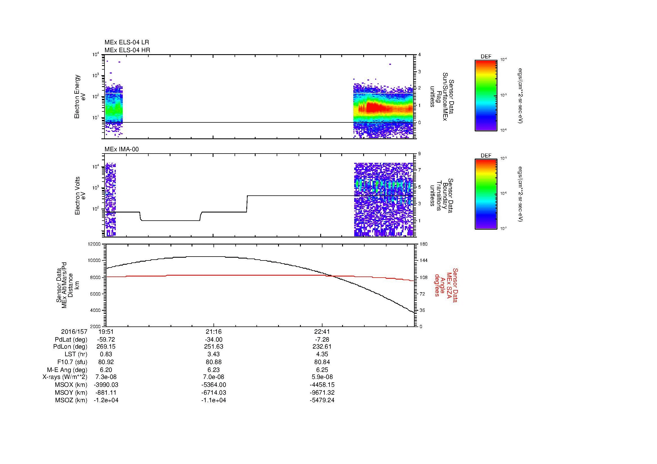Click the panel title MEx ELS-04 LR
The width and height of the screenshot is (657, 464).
[x=126, y=42]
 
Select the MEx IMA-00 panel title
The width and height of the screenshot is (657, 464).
[x=121, y=149]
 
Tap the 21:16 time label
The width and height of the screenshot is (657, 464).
[x=213, y=332]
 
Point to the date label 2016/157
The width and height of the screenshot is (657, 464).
[x=74, y=332]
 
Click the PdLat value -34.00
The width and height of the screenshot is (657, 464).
[x=213, y=340]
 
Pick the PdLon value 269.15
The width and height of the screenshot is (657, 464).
[x=106, y=346]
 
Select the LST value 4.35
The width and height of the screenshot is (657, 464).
[x=322, y=354]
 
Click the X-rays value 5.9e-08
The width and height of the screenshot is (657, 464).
[x=322, y=377]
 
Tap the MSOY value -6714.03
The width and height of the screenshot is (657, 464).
[x=213, y=392]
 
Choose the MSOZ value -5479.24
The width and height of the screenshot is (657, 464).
[x=322, y=400]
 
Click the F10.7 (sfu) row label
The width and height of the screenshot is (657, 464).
[x=72, y=362]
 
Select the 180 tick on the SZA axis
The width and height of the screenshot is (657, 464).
[x=424, y=244]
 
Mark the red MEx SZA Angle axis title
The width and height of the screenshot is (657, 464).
[x=446, y=285]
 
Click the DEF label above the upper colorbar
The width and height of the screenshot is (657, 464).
[x=486, y=57]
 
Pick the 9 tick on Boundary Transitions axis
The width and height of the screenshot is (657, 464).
[x=419, y=154]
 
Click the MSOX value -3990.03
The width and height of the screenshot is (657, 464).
[x=106, y=385]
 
